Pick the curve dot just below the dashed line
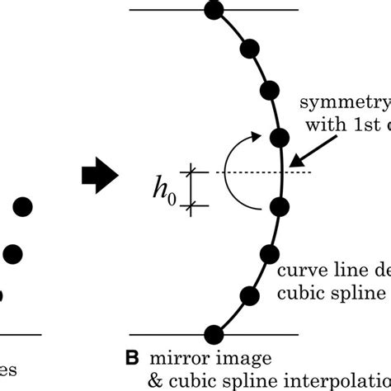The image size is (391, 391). (x=280, y=206)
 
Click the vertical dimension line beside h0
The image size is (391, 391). (x=195, y=188)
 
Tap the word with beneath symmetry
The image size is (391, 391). (x=321, y=128)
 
